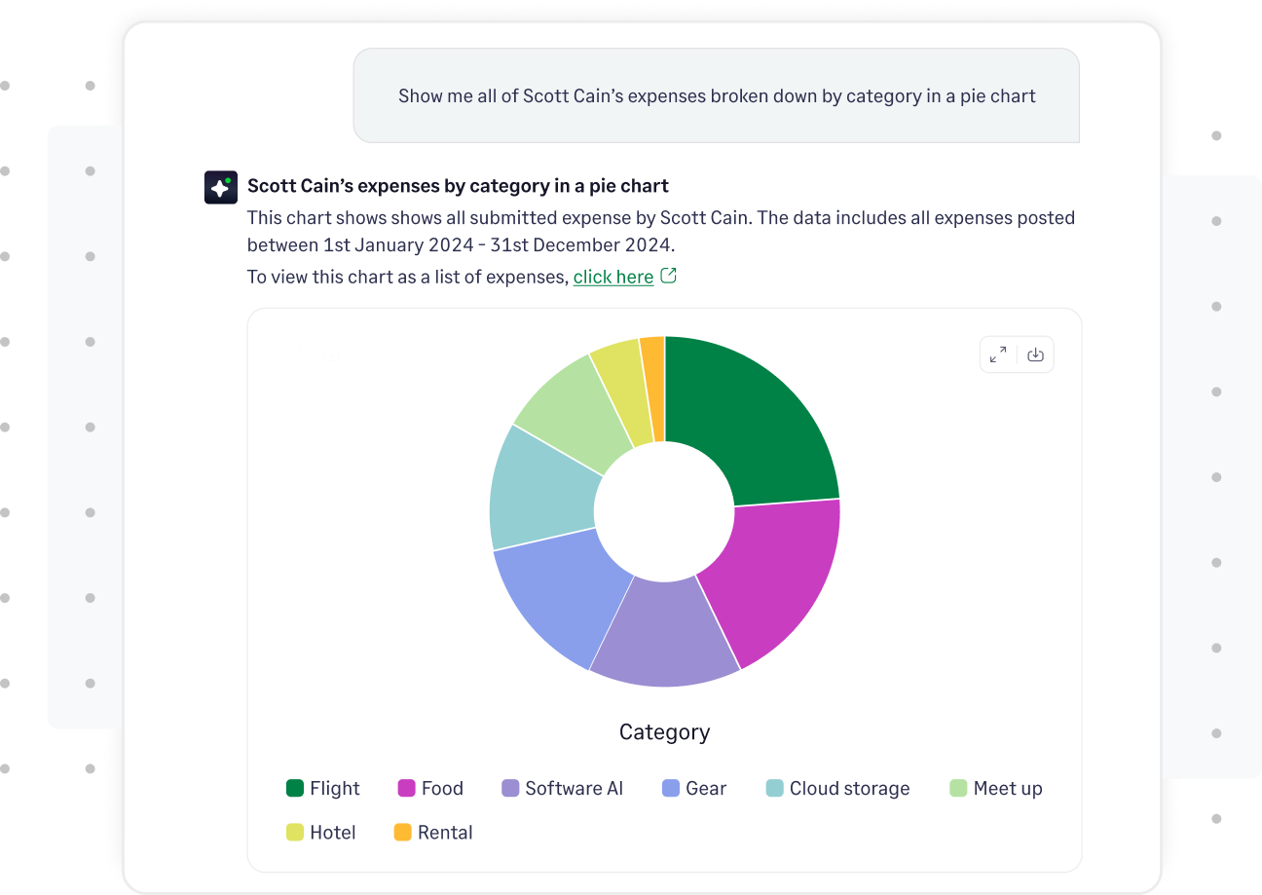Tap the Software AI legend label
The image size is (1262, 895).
574,788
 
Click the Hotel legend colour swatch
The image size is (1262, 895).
295,833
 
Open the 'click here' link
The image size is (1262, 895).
613,277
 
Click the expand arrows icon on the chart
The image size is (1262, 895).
998,354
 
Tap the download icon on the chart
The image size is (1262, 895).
1035,354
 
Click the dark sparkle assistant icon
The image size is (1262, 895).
221,187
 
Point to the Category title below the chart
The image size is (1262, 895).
664,731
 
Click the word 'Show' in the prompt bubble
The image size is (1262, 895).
421,95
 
